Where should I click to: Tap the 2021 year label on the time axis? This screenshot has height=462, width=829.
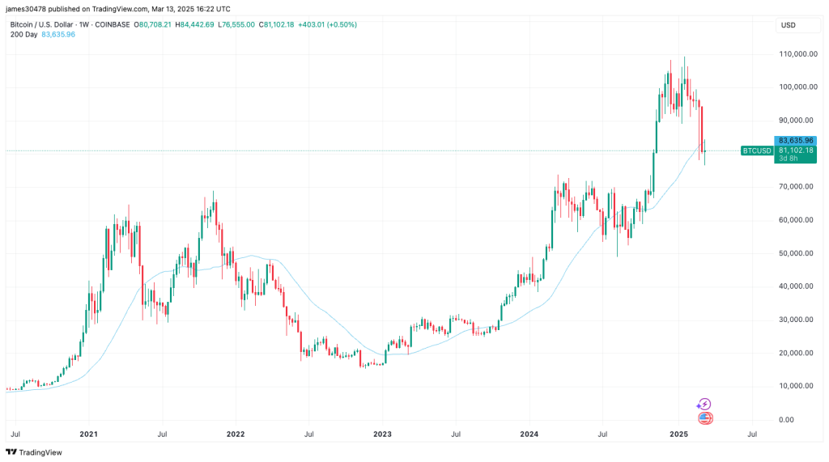click(x=89, y=434)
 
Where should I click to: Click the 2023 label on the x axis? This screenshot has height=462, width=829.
click(x=382, y=434)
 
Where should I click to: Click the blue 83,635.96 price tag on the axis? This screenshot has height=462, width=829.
click(x=795, y=141)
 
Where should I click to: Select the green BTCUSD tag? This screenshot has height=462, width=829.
click(x=756, y=150)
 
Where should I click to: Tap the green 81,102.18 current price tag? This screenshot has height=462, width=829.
click(x=795, y=150)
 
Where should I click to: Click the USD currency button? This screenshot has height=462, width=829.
click(x=788, y=25)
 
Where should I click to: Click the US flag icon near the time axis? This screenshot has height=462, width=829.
click(x=705, y=418)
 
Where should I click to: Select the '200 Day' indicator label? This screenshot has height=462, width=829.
click(x=24, y=35)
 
